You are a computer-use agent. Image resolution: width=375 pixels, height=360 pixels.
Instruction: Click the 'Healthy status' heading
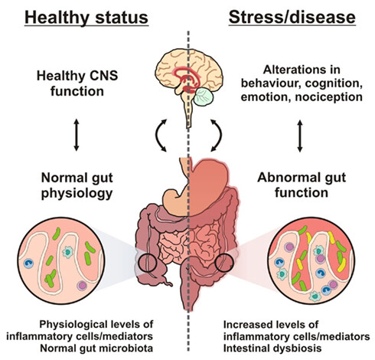86,18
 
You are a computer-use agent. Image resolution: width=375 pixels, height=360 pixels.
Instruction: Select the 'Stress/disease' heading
292,18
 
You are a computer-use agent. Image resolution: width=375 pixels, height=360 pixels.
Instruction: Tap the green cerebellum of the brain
204,97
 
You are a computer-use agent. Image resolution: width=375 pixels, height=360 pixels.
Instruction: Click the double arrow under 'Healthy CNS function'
77,135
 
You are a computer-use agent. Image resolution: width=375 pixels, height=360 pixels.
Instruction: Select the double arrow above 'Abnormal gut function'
300,136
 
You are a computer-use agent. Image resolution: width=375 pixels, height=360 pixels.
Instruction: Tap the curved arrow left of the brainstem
157,135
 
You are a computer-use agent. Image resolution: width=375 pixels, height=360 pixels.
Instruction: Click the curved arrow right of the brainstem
220,135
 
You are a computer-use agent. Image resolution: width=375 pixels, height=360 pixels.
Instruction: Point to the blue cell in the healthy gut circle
28,263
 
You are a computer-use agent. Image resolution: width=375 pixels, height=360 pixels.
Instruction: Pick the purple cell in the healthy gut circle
82,286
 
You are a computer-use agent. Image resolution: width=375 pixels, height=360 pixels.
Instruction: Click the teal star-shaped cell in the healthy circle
67,252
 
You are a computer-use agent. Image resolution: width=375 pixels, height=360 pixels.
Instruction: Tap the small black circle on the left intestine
147,263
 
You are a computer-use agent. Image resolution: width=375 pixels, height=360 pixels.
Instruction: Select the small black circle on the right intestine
224,263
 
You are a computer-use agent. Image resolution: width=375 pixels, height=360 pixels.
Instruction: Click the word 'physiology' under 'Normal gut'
77,194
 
